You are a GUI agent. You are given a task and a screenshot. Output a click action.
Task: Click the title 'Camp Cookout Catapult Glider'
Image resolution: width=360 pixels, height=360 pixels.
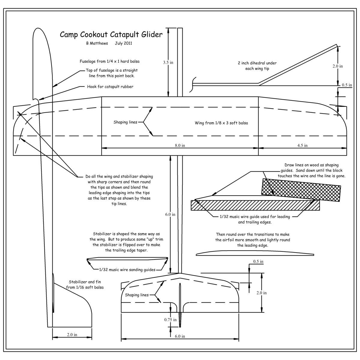pos(111,34)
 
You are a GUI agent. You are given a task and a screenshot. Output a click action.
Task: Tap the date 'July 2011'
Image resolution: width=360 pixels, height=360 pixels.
pos(123,43)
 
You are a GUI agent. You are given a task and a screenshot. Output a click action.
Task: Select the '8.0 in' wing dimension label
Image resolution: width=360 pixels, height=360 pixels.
pos(180,145)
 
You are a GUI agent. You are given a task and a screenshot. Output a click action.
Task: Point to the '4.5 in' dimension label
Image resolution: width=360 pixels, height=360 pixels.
pos(302,145)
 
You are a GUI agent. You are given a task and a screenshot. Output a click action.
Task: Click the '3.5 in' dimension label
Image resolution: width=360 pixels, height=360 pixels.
pos(168,63)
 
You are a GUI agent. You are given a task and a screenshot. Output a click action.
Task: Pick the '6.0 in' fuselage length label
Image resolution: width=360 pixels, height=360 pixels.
pos(170,214)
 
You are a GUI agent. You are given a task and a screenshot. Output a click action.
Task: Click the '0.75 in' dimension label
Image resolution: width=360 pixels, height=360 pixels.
pos(170,320)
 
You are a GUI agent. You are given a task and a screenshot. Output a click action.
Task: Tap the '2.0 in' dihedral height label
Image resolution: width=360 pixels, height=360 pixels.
pos(337,66)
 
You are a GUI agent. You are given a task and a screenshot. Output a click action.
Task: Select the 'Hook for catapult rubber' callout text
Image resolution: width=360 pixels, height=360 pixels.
pos(110,87)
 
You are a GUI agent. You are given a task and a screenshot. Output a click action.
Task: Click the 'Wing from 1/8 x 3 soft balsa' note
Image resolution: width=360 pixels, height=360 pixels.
pos(221,123)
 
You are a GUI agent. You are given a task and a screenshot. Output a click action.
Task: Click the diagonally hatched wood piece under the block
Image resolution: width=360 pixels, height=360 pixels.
pos(255,205)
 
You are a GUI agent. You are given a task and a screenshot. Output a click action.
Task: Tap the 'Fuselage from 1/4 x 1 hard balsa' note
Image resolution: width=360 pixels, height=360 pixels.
pos(109,61)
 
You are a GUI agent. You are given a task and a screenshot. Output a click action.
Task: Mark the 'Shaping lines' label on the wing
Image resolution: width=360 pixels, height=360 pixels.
pos(125,122)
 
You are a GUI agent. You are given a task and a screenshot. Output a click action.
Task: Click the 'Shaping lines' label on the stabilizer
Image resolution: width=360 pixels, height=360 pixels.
pos(136,295)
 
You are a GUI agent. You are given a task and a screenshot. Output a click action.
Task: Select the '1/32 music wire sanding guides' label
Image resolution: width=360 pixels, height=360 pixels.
pos(127,270)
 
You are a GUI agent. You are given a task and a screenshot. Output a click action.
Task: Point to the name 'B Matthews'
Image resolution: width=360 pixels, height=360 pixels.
pos(97,43)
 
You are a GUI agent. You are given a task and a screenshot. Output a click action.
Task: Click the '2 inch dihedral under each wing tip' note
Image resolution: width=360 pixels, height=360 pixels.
pos(257,66)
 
